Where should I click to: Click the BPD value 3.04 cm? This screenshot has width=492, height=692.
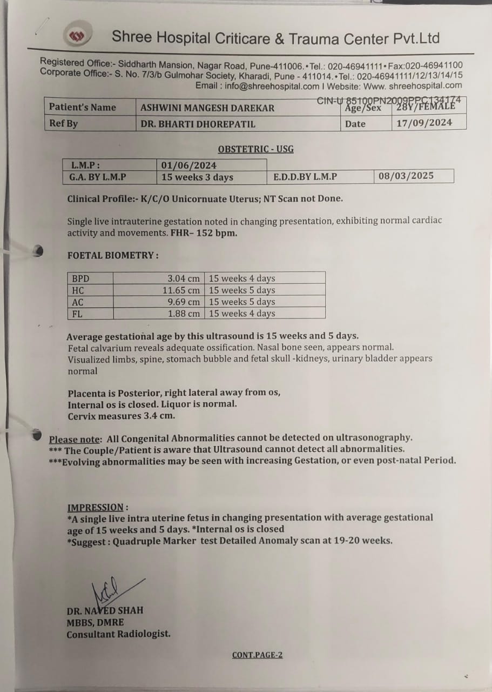[x=183, y=278]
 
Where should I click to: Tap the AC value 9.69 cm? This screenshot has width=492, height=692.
[x=183, y=302]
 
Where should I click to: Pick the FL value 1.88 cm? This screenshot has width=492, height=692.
[x=183, y=314]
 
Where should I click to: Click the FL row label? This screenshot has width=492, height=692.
[x=77, y=314]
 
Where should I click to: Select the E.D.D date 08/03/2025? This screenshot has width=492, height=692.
[x=406, y=176]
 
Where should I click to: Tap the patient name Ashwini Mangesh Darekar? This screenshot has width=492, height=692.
[x=207, y=108]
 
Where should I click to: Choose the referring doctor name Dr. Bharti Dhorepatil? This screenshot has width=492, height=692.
[x=198, y=124]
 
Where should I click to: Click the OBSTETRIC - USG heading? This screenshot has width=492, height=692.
[x=255, y=149]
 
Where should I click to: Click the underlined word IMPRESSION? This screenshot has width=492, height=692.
[x=96, y=507]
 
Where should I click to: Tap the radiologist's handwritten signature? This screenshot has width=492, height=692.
[x=110, y=590]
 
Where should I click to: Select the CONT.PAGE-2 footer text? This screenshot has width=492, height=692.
[x=257, y=655]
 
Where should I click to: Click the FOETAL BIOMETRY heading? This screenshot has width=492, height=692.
[x=113, y=255]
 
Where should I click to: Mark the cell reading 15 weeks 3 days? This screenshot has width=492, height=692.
[x=197, y=177]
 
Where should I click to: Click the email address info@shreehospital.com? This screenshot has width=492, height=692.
[x=273, y=86]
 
